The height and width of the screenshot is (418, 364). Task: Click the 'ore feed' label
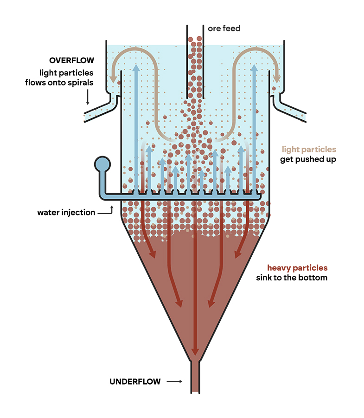(x=224, y=29)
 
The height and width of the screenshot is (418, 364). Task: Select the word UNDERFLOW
(x=135, y=382)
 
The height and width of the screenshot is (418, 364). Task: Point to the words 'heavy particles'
(x=297, y=268)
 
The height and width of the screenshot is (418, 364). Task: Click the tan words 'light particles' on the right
(x=309, y=150)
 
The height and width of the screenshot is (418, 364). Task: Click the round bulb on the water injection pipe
(x=102, y=164)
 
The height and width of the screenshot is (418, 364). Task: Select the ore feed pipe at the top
(x=195, y=56)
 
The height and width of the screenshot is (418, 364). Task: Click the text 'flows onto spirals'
(x=67, y=83)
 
